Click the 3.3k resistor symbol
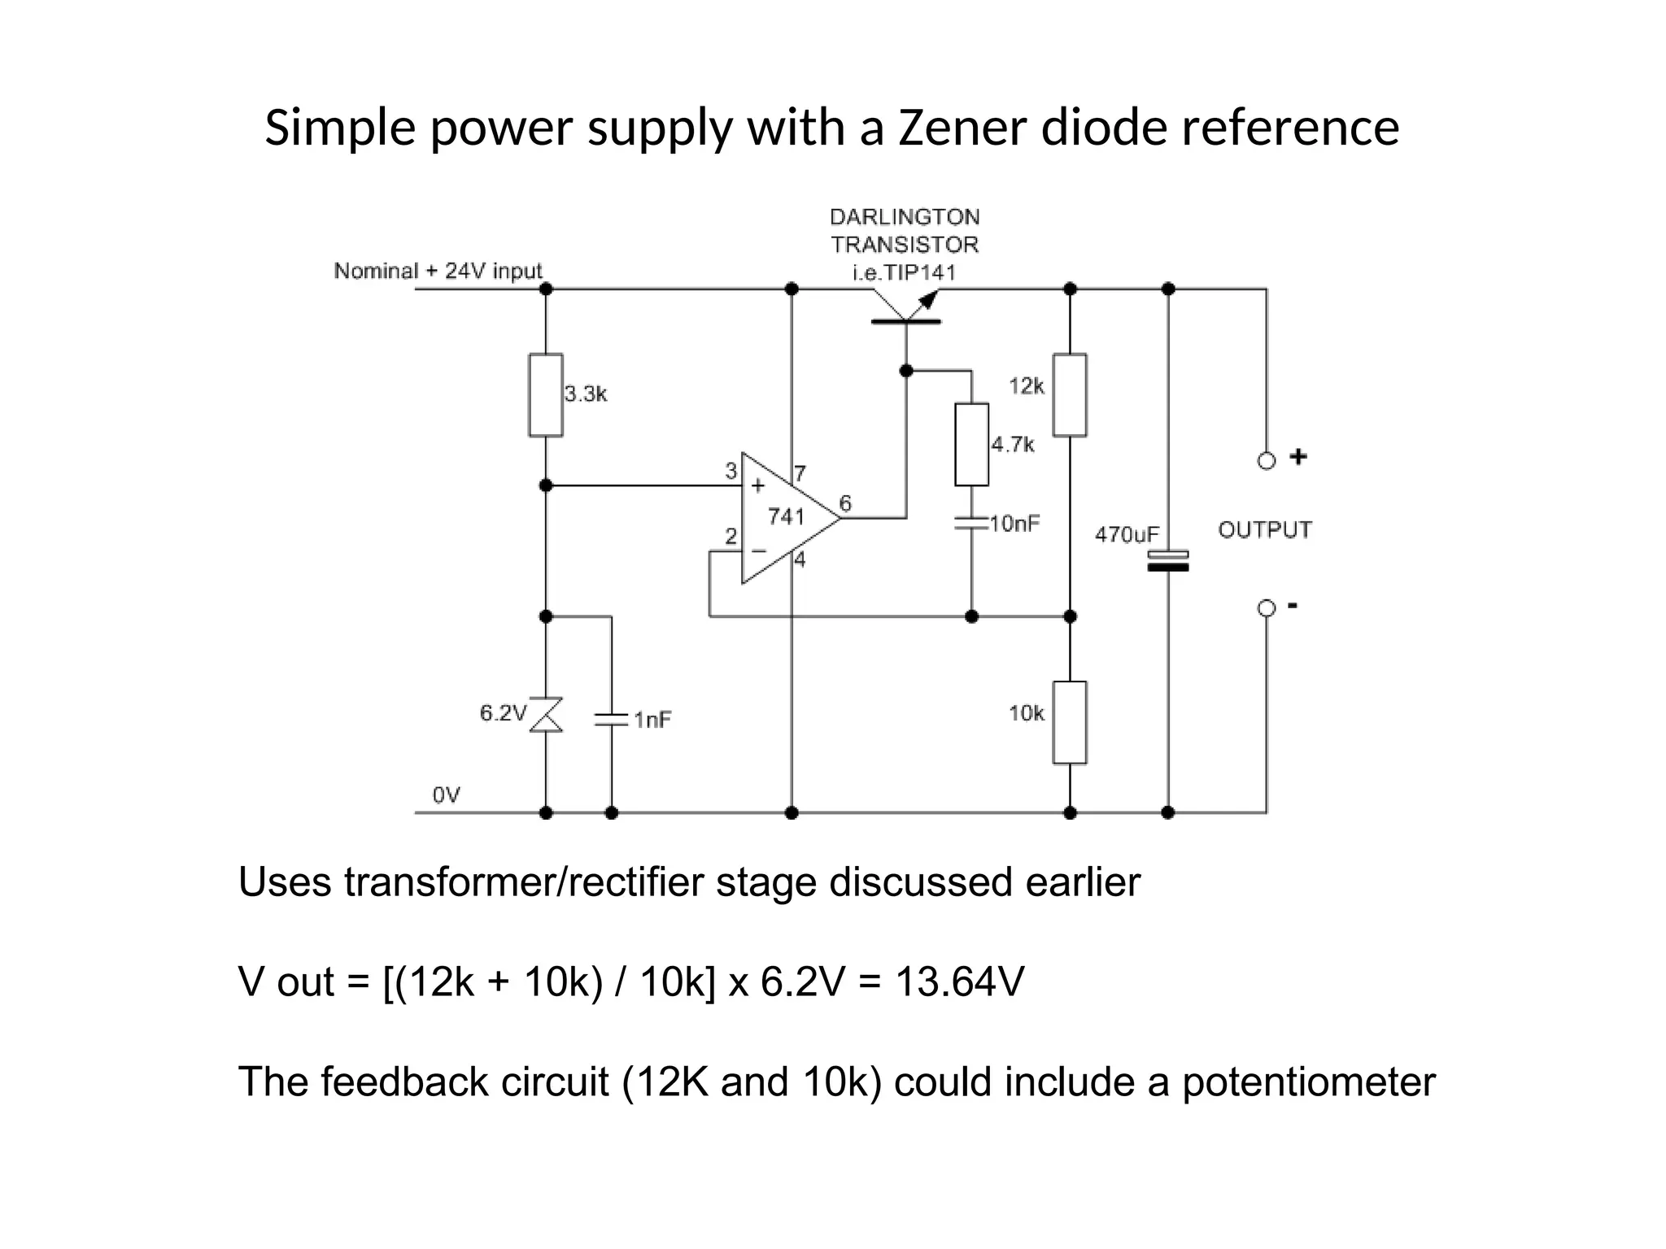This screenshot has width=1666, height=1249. [x=546, y=395]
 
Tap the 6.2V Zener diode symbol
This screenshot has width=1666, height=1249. [x=546, y=714]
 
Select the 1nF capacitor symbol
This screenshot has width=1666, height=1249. [x=611, y=719]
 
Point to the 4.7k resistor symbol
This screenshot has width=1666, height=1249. [x=971, y=444]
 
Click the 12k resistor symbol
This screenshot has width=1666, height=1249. [x=1070, y=395]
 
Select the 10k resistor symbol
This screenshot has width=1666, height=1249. [x=1070, y=722]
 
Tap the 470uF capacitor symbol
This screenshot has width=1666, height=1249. [x=1167, y=560]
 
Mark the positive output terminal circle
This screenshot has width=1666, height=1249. [x=1266, y=461]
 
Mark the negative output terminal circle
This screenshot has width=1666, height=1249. [x=1266, y=608]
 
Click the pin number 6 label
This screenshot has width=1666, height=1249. [x=845, y=503]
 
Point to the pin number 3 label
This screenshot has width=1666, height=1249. [x=731, y=470]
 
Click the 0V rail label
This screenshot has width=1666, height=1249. [x=446, y=794]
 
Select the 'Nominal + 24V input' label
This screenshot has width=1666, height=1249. [x=438, y=271]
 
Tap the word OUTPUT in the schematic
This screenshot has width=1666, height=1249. [x=1264, y=530]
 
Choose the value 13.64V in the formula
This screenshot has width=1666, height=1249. [x=959, y=981]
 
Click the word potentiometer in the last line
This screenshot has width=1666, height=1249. [x=1308, y=1081]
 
